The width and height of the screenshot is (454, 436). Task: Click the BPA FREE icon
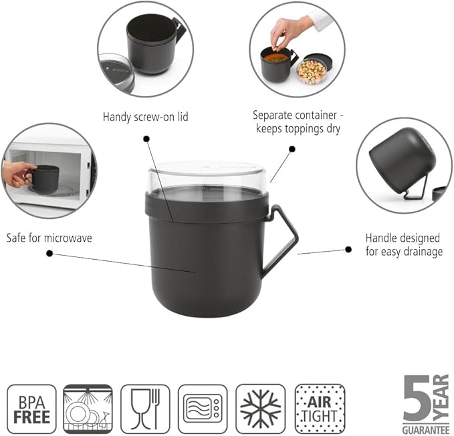(x=31, y=409)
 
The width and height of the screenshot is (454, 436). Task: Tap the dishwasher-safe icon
(x=88, y=409)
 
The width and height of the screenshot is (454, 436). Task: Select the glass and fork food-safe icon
(x=145, y=409)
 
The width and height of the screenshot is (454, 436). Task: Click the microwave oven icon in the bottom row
(x=203, y=409)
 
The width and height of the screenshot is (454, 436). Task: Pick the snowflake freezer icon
(x=261, y=409)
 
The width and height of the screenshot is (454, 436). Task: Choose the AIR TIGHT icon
(x=320, y=409)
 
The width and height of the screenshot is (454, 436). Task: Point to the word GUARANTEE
(x=426, y=430)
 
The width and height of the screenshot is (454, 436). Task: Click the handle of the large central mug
(x=281, y=240)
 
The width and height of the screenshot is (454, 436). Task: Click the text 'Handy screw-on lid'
(x=145, y=117)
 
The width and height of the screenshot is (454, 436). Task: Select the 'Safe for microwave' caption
(x=49, y=238)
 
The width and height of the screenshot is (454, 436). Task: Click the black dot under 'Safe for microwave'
(x=49, y=254)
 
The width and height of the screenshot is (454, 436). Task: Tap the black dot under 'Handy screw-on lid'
(x=146, y=139)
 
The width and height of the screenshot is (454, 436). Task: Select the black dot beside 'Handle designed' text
(x=348, y=249)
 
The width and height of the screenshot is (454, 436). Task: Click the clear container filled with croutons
(x=312, y=71)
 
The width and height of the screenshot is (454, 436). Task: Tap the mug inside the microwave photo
(x=43, y=178)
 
